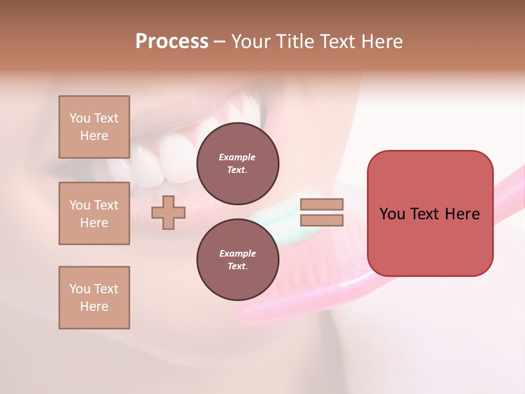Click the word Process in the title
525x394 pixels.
pos(172,42)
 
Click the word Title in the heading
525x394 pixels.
pos(293,42)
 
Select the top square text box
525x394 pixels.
pos(94,127)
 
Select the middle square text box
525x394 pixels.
pos(94,213)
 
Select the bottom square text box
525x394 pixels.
pos(94,298)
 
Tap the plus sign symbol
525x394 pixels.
pos(168,213)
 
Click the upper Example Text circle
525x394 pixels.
pos(237,163)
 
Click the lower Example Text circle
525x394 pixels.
pos(237,259)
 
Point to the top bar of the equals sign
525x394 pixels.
pos(322,205)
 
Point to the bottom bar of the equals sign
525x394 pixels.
pos(322,221)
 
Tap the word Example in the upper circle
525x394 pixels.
pos(237,157)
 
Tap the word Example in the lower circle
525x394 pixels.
pos(237,253)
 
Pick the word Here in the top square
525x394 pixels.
pos(94,136)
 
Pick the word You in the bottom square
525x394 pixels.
pos(80,289)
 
